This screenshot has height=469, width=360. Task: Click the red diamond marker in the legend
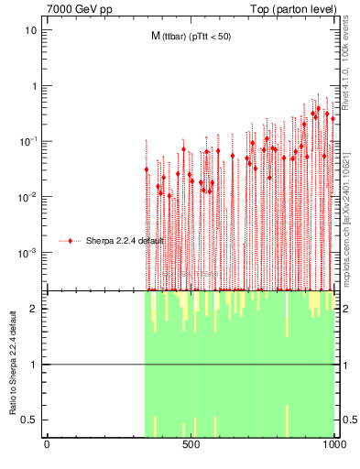71,241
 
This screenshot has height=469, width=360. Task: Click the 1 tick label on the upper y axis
34,86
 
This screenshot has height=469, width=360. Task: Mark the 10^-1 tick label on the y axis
28,141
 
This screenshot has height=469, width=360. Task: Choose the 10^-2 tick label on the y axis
28,196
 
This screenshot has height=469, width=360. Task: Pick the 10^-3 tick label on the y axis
28,252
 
